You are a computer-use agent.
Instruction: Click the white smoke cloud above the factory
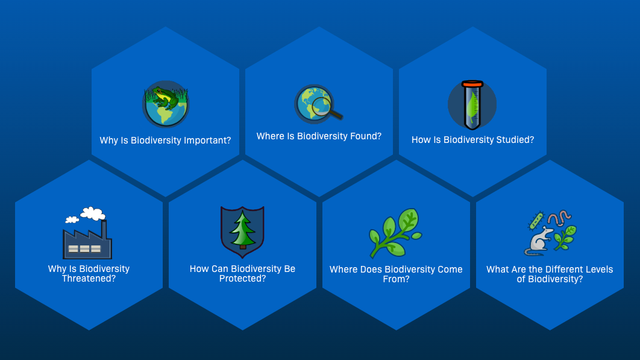92,213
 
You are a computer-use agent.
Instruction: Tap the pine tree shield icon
242,232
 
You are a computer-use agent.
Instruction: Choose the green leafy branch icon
395,233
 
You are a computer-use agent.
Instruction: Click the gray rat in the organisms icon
538,241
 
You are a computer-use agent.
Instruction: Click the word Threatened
89,279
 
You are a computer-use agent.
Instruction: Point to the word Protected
242,279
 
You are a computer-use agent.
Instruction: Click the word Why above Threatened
57,269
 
